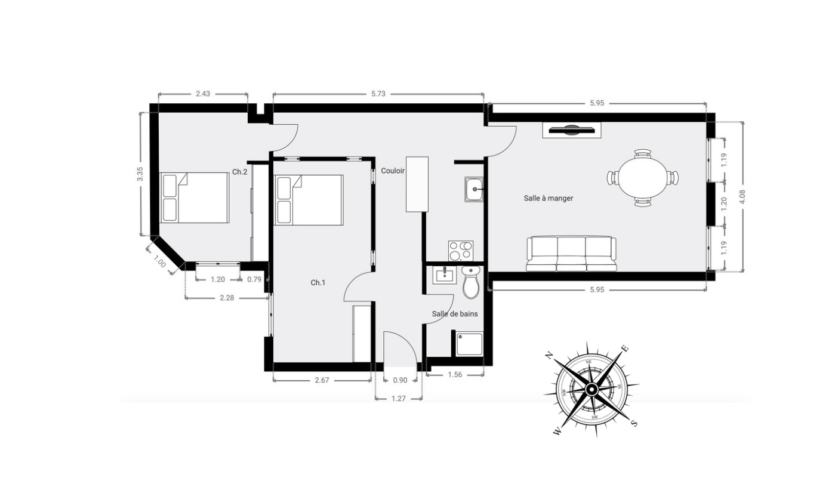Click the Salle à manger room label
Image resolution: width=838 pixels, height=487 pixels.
[x=548, y=198]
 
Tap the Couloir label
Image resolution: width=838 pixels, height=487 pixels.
[x=393, y=171]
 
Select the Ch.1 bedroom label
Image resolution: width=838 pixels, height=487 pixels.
[x=318, y=283]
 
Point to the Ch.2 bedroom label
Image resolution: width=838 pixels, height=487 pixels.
[x=240, y=172]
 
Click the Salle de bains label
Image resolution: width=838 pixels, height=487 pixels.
[x=455, y=314]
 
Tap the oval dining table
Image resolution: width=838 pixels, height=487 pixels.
[x=643, y=178]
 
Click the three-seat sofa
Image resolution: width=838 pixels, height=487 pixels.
[x=571, y=254]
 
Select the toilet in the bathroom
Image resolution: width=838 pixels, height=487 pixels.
[x=470, y=282]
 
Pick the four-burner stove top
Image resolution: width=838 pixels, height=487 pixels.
[x=461, y=251]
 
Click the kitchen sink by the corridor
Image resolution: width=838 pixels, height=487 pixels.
[x=474, y=189]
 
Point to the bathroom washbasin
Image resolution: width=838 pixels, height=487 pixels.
[x=445, y=275]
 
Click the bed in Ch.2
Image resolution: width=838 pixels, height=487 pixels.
[x=194, y=198]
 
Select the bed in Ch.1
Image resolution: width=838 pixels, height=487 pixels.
[x=309, y=200]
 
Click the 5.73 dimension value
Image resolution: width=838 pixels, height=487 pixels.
[x=378, y=94]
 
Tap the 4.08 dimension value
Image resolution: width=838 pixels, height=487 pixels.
[x=743, y=197]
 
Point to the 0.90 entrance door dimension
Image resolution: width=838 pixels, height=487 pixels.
[x=400, y=380]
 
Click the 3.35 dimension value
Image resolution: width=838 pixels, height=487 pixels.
[x=140, y=174]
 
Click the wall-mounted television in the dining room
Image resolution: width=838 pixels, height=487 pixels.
[x=571, y=130]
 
